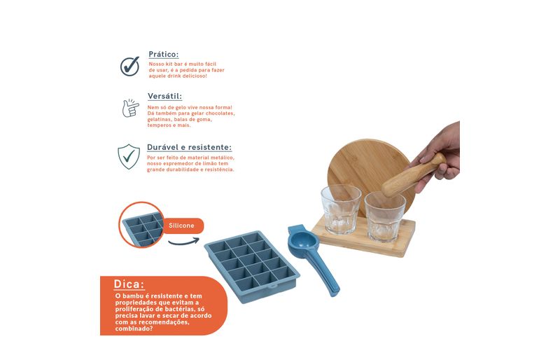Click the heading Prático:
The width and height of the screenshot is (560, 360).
coord(163,55)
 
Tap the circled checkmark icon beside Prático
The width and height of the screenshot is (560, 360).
coord(129,66)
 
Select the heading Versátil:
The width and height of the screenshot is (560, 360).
coord(164,96)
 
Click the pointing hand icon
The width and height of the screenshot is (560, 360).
coord(130,108)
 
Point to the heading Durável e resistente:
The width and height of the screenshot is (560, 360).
coord(189,147)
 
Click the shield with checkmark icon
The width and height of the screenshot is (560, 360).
coord(129,157)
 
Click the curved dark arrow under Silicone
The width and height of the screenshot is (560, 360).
coord(183,242)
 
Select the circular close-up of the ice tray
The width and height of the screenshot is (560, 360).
coord(141,225)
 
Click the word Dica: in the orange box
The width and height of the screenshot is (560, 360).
coord(129,284)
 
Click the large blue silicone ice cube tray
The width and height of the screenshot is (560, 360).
coord(252,266)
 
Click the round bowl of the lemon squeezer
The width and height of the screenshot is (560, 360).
coord(303,240)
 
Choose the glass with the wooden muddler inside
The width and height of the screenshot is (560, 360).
coord(384,216)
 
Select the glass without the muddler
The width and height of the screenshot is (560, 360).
coord(341,209)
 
